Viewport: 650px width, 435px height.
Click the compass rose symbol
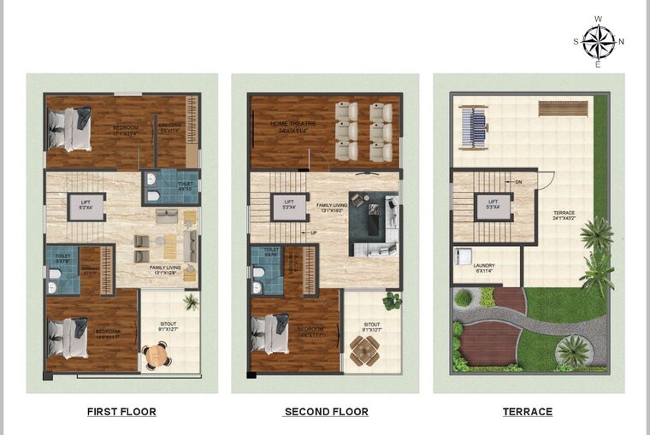click(x=598, y=40)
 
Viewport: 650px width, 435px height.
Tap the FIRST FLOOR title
click(x=121, y=412)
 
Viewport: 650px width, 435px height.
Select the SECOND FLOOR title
click(x=326, y=412)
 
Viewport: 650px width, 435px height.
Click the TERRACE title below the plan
click(x=527, y=412)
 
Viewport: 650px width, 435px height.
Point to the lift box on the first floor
click(x=85, y=206)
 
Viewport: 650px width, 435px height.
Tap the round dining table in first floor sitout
click(x=157, y=353)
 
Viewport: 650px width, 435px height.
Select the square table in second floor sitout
click(x=364, y=350)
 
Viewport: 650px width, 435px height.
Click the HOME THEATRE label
click(x=292, y=125)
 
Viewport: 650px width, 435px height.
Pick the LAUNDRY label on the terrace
click(x=484, y=266)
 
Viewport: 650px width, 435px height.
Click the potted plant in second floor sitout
click(x=393, y=300)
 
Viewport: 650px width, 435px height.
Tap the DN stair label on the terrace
click(x=517, y=181)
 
